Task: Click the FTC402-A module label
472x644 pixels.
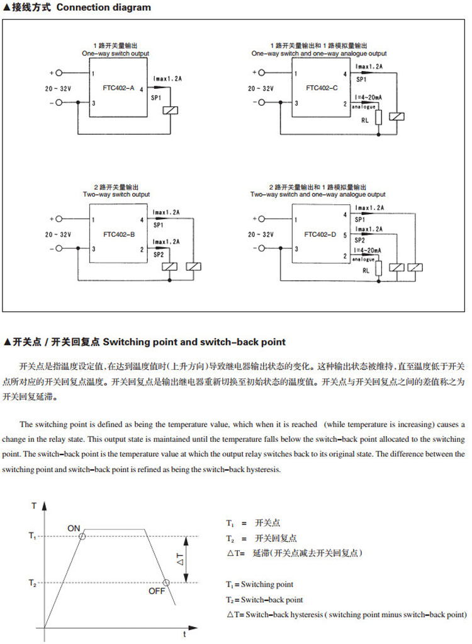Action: [x=119, y=88]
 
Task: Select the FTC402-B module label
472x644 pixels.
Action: [x=119, y=234]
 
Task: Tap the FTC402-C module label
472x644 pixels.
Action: [x=321, y=88]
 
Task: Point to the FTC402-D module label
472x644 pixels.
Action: [x=320, y=234]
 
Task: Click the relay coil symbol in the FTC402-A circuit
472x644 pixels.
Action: [x=171, y=111]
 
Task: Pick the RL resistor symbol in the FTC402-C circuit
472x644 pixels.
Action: [x=378, y=119]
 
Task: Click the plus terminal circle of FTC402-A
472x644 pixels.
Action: [x=60, y=74]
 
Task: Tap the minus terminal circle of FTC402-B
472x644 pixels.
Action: [x=60, y=249]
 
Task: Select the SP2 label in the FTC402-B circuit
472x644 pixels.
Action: [x=158, y=255]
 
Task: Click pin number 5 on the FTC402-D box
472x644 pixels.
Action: [x=345, y=234]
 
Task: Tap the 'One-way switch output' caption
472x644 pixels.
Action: [x=116, y=54]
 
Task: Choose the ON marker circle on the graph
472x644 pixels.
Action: [x=82, y=536]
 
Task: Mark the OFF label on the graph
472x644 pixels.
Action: [x=156, y=591]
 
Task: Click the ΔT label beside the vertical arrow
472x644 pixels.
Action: [x=180, y=558]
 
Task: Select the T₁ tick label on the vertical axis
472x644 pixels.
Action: [x=33, y=536]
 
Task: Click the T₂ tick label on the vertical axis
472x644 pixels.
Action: [x=33, y=582]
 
